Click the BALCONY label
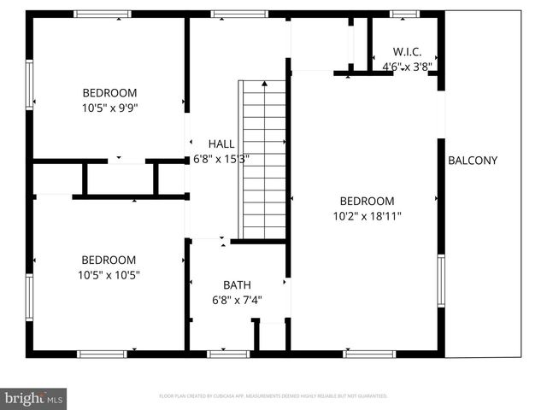473,161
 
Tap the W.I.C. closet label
407,52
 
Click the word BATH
237,285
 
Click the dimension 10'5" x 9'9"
109,108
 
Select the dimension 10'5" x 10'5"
109,275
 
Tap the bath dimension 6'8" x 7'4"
237,300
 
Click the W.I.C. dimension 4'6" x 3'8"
407,66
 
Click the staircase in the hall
262,159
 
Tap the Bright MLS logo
33,397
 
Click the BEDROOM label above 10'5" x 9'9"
109,93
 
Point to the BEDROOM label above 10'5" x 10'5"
109,261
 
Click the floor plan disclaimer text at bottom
273,396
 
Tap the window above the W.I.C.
404,14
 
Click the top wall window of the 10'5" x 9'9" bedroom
102,14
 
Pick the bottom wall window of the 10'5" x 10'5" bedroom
103,353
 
